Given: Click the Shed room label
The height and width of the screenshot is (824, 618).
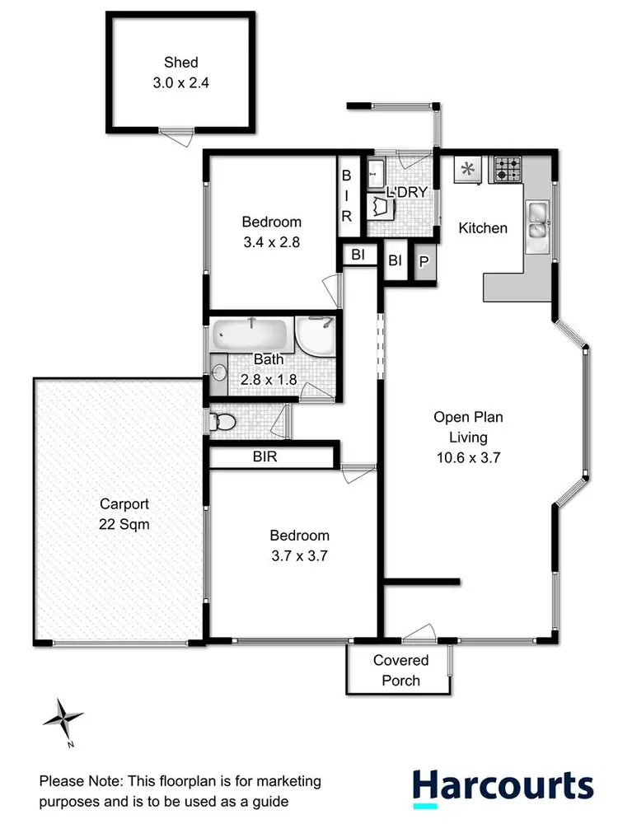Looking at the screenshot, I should (180, 62).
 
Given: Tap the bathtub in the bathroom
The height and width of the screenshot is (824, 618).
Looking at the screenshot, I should (251, 335).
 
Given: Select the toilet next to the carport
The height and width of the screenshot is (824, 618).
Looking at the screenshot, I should (222, 423).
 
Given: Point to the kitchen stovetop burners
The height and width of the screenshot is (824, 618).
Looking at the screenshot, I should (507, 170).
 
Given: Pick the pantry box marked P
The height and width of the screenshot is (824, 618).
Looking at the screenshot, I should (424, 262).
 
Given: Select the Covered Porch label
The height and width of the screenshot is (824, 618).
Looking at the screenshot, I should (401, 670).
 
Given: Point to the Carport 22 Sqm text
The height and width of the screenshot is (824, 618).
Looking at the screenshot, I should (124, 513).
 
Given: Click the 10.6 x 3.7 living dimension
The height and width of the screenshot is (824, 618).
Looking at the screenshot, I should (468, 457).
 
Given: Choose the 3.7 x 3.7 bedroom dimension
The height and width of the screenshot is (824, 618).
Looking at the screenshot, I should (295, 555).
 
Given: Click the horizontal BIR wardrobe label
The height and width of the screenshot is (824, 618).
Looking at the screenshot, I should (265, 456).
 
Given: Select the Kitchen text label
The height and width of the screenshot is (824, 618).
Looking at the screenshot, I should (483, 227).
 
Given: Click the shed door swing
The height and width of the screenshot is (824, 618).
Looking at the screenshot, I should (174, 138).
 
